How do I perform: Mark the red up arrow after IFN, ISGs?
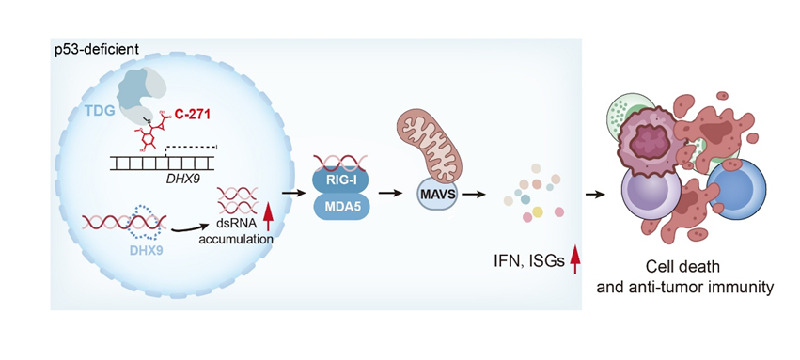pos(575,259)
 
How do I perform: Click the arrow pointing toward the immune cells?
pos(594,195)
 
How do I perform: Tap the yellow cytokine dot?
pos(537,211)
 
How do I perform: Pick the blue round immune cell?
pos(733,185)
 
